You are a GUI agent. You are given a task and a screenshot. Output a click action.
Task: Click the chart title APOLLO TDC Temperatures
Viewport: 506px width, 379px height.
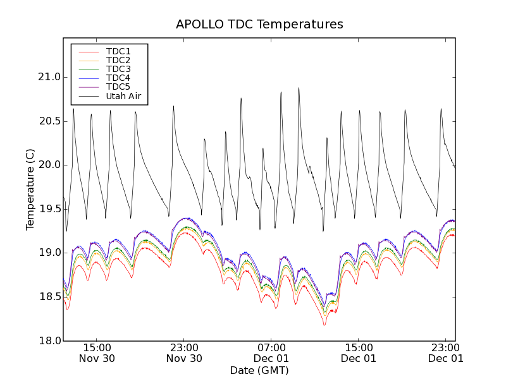click(259, 25)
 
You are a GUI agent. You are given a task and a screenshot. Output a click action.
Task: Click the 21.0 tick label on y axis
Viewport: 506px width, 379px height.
click(49, 77)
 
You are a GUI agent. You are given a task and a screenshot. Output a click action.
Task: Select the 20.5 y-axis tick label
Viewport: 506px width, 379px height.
click(49, 121)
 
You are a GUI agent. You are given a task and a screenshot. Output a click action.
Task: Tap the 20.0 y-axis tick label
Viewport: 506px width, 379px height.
click(49, 165)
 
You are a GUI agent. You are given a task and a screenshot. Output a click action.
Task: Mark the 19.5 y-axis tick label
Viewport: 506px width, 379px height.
click(49, 209)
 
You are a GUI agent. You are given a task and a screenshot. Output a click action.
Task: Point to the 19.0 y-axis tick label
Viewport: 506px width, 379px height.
click(49, 253)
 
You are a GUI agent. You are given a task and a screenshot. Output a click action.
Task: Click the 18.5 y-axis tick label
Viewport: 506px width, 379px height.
click(49, 297)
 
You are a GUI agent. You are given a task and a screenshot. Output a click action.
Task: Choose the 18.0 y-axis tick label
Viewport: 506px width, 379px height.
click(49, 340)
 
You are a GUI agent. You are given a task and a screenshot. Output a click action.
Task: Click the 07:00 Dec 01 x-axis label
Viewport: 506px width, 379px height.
click(271, 352)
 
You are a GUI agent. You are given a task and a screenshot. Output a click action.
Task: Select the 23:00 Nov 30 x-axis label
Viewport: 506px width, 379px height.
click(184, 352)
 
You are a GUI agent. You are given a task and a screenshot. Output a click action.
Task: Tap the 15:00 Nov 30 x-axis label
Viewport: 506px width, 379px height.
click(97, 352)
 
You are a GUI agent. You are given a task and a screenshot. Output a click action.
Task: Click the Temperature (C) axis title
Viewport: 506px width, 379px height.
click(30, 189)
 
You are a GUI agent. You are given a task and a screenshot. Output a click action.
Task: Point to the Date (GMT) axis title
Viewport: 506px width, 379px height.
click(259, 370)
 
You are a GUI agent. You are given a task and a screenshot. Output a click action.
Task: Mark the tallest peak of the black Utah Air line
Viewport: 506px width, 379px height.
click(299, 88)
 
